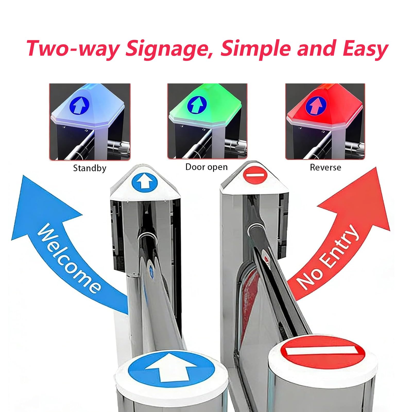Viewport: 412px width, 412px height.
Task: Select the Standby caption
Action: click(90, 168)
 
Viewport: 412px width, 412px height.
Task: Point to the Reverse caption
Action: click(325, 167)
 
